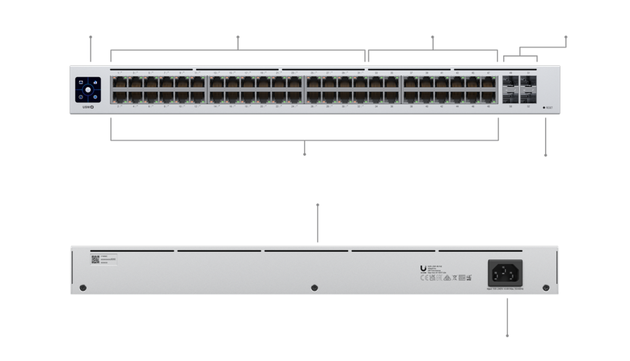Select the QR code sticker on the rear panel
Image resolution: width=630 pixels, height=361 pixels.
click(x=95, y=261)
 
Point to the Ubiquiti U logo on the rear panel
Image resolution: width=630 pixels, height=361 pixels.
click(x=422, y=269)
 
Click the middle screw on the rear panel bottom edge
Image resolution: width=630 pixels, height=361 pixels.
click(x=314, y=288)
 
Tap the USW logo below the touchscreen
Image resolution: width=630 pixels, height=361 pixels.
click(x=87, y=107)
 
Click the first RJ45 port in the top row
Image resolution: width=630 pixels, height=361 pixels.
click(x=118, y=83)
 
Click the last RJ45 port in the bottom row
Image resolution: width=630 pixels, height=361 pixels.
click(x=489, y=95)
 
